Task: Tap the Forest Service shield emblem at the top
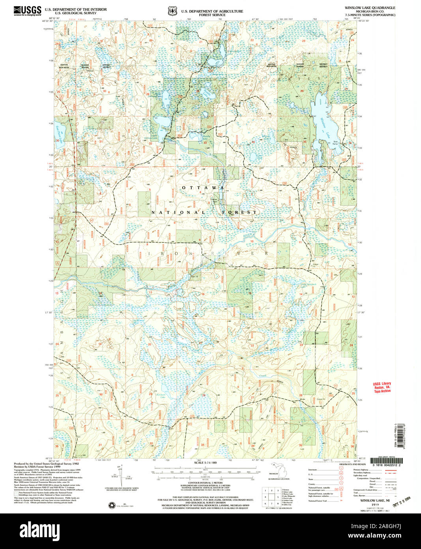coord(172,11)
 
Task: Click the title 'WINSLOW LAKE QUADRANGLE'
coord(370,8)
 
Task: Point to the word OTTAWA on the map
coord(203,188)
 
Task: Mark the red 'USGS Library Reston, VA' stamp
coord(382,387)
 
